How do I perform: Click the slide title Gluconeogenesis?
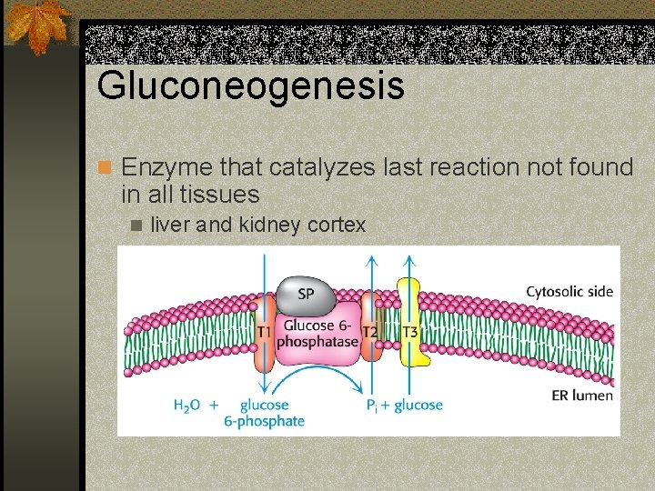[x=250, y=85]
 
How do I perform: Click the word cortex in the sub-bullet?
[x=337, y=225]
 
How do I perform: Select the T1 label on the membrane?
[x=263, y=332]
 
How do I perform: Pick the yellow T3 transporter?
[x=411, y=331]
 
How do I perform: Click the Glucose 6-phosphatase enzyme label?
[x=317, y=333]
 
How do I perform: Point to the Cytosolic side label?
[x=569, y=292]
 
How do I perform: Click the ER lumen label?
[x=582, y=395]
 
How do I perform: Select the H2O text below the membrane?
[x=187, y=406]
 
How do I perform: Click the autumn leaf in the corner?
[x=38, y=25]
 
